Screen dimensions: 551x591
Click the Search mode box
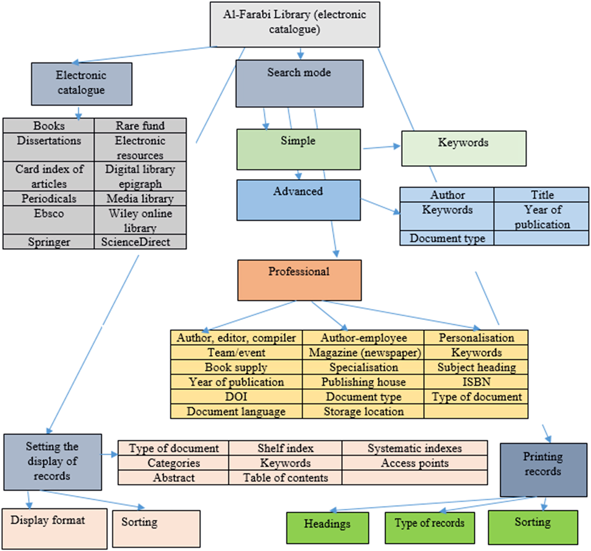click(x=299, y=83)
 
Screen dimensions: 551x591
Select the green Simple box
click(x=298, y=149)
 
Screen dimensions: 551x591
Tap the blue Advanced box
click(x=298, y=200)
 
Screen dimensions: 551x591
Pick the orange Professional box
click(x=299, y=280)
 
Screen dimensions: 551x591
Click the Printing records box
click(x=543, y=470)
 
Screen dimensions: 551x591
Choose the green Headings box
click(x=327, y=528)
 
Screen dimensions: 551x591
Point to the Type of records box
click(x=430, y=528)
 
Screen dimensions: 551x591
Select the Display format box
click(x=54, y=528)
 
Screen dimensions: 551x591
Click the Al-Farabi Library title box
click(x=295, y=24)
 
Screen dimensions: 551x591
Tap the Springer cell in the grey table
click(x=49, y=242)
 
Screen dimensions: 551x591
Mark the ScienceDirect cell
click(x=140, y=242)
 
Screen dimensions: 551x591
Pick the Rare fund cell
click(x=140, y=126)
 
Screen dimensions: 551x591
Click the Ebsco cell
click(x=49, y=220)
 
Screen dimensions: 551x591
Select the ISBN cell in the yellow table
click(x=476, y=382)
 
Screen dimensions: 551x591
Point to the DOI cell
click(x=236, y=397)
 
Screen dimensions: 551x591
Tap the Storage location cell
click(x=363, y=412)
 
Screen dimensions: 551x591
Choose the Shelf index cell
click(x=285, y=448)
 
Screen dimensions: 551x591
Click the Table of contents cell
click(x=285, y=478)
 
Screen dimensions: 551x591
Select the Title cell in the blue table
click(x=542, y=195)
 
